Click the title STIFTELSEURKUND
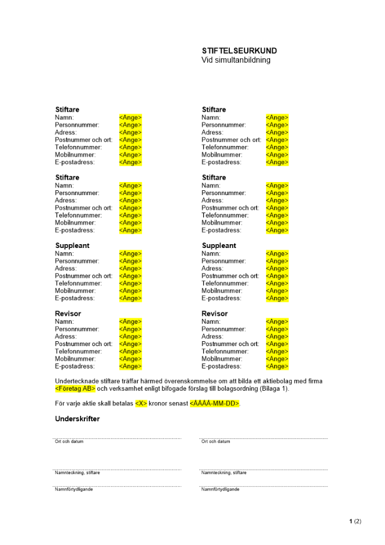click(239, 51)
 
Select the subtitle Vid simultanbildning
click(236, 60)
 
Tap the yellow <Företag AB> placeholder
click(75, 389)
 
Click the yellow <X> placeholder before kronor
click(141, 404)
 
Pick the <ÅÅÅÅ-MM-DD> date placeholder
click(215, 404)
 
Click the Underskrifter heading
click(77, 419)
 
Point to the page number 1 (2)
click(355, 522)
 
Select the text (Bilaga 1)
click(273, 389)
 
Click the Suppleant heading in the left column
click(72, 246)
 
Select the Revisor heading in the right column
click(215, 314)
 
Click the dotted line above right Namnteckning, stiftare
click(264, 469)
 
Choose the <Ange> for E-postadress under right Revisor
click(277, 366)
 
